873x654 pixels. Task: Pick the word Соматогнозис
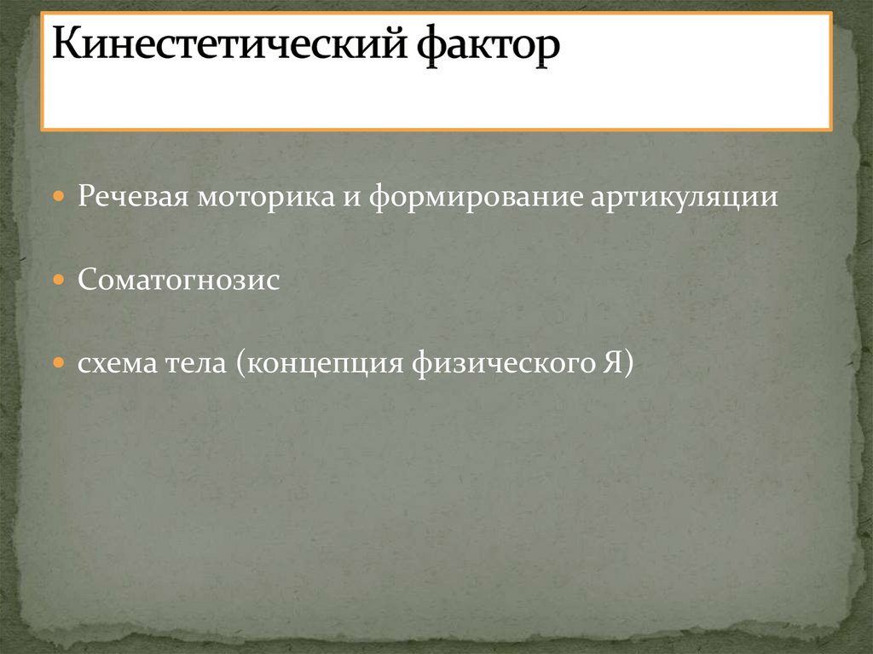click(x=179, y=280)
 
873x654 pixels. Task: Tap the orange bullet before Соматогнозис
click(x=58, y=280)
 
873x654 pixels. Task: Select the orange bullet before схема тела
click(x=58, y=362)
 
